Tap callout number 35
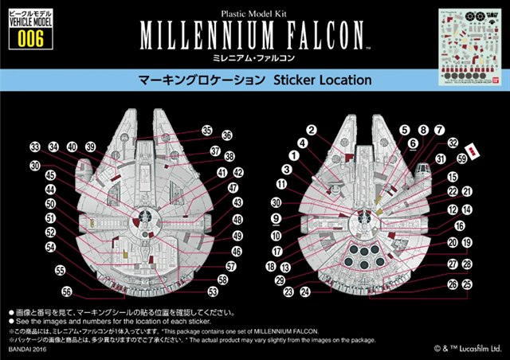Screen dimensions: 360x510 click(206, 130)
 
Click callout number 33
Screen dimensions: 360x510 click(35, 147)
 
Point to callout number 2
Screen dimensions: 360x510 click(312, 130)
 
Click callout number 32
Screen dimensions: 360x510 click(452, 143)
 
